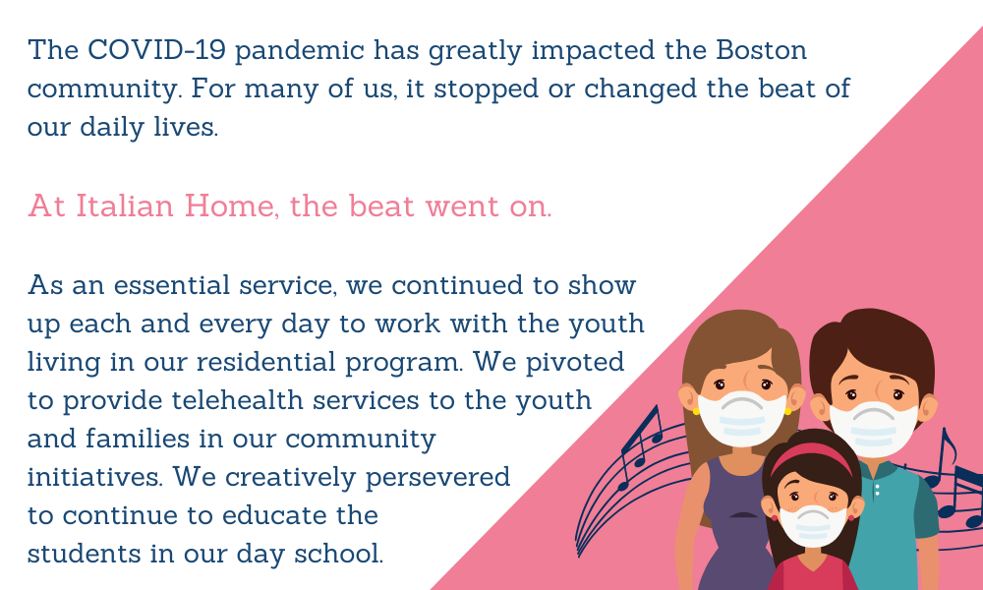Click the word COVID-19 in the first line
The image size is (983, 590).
(156, 49)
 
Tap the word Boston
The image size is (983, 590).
(762, 49)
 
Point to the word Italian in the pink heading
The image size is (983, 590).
(125, 206)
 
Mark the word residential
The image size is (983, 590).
(266, 362)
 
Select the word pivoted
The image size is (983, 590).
(575, 363)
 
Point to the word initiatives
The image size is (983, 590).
(95, 477)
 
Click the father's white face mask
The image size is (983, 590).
(873, 429)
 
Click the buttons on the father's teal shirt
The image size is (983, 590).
(877, 489)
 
